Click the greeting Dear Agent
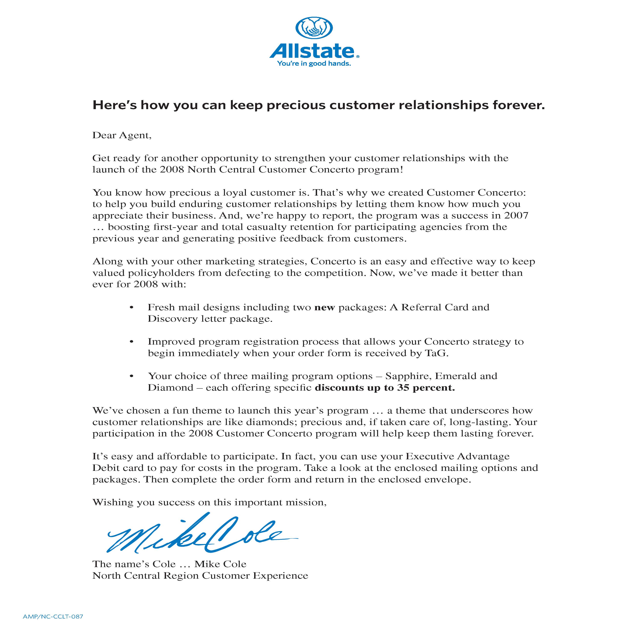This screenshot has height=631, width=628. [122, 135]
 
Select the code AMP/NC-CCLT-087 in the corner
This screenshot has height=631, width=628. [53, 617]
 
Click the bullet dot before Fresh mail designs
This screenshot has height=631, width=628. [132, 308]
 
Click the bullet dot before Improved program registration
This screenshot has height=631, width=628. [132, 342]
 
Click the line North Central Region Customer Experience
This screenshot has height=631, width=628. [200, 576]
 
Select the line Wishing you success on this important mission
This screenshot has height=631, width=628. [209, 502]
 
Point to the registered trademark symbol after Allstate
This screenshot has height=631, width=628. [358, 57]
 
